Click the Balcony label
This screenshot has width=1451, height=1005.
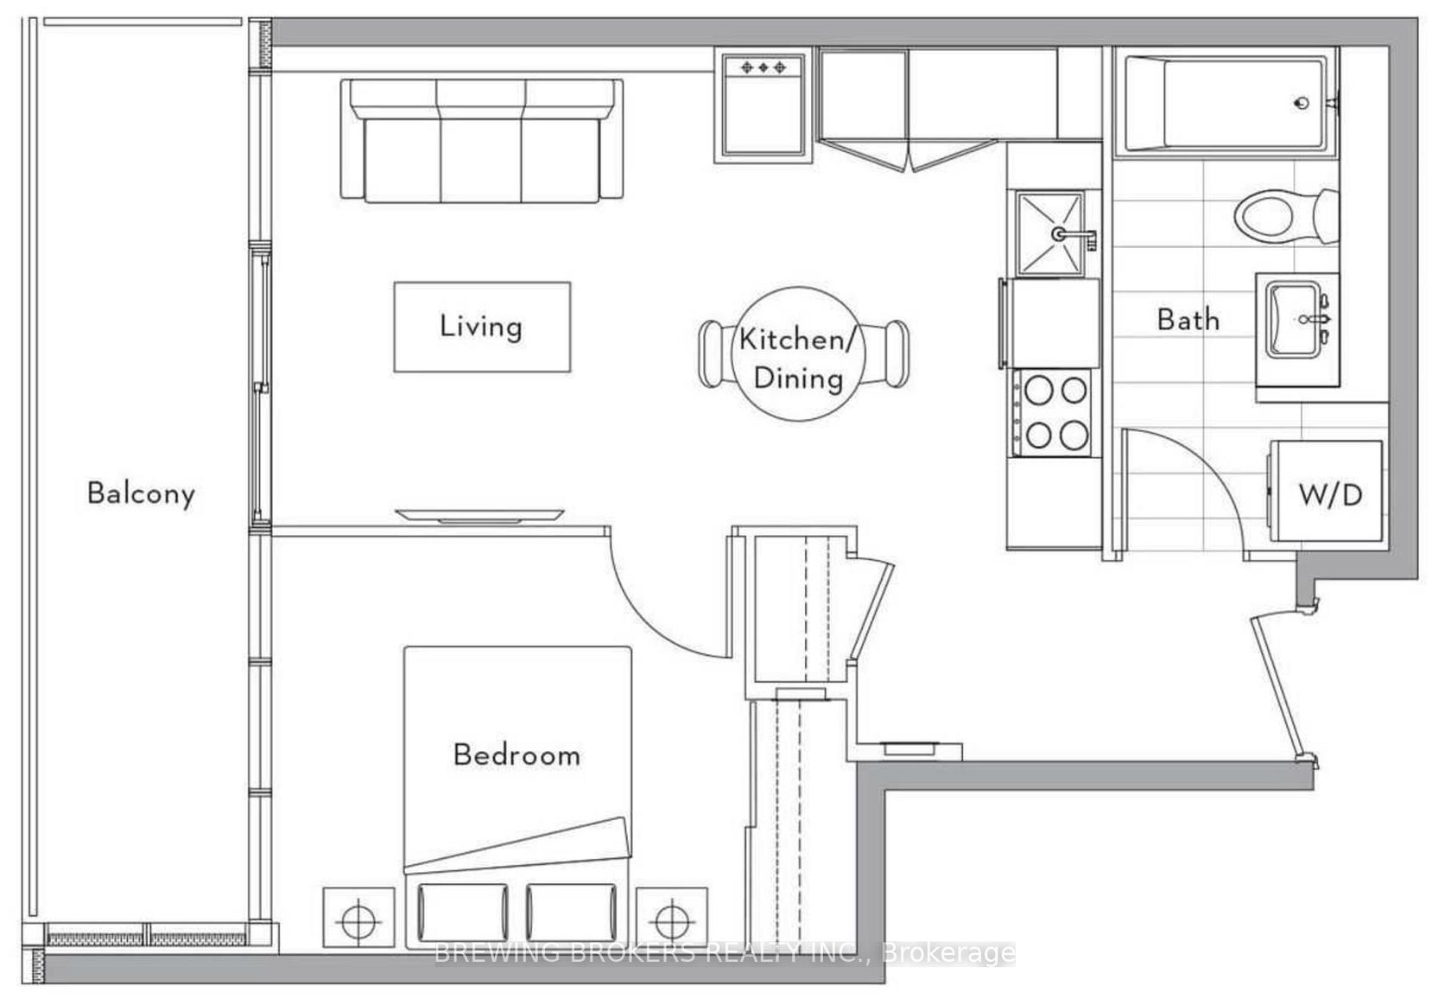[142, 493]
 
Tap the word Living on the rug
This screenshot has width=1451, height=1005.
[480, 326]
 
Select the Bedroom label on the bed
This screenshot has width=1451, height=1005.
[516, 755]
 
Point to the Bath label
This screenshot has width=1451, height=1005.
[1188, 320]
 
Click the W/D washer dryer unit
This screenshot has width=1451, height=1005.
[1325, 491]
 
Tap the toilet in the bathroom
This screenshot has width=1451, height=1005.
[1286, 216]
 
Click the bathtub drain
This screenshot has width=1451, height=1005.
[1302, 103]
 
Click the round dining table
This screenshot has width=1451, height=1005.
[799, 353]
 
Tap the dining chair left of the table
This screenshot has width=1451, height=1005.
[715, 353]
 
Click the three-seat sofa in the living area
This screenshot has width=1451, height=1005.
[482, 140]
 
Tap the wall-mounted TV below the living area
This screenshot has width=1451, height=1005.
[479, 515]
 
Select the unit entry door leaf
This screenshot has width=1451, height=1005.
[1283, 690]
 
